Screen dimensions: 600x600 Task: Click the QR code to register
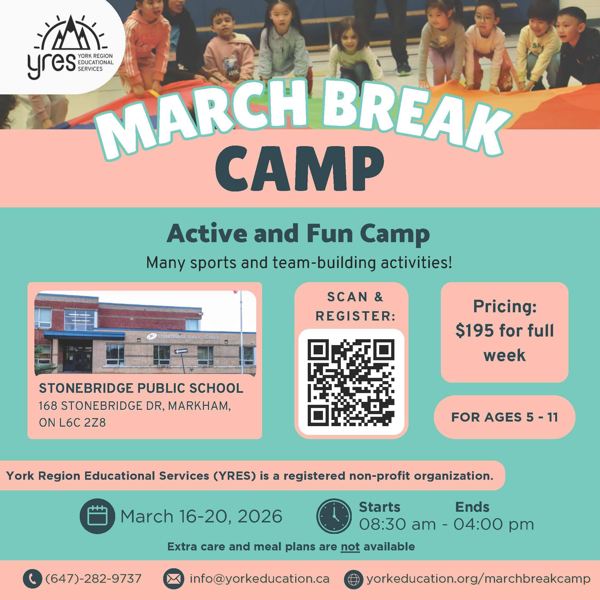click(351, 382)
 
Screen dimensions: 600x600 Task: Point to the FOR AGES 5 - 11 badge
click(504, 417)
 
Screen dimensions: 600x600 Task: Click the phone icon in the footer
click(32, 579)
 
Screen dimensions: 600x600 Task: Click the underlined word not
click(350, 547)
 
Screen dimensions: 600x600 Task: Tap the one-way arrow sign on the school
click(181, 351)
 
